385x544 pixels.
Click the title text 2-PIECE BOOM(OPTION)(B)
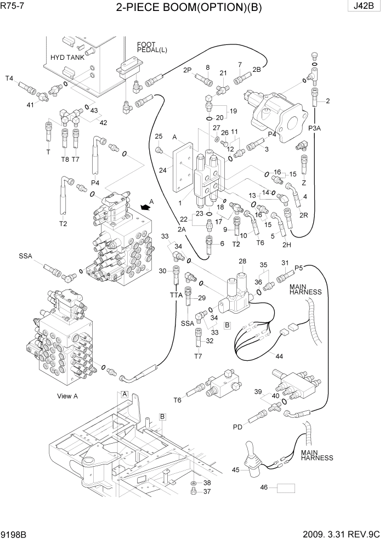(192, 8)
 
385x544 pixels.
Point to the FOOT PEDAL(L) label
(152, 47)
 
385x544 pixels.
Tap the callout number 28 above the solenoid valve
(242, 260)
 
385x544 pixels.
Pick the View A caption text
(68, 395)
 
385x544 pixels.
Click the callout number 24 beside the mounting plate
(163, 171)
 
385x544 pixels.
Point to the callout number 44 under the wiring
(279, 356)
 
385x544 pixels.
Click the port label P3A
(314, 128)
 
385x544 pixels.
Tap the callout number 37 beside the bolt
(207, 491)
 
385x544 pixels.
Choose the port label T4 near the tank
(9, 78)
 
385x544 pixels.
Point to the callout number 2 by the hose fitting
(327, 100)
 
